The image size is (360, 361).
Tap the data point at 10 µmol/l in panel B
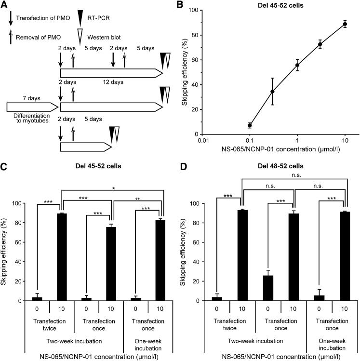pyautogui.click(x=345, y=24)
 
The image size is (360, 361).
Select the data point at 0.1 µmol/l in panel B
pyautogui.click(x=250, y=125)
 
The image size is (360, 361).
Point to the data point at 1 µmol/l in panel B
pyautogui.click(x=297, y=65)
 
